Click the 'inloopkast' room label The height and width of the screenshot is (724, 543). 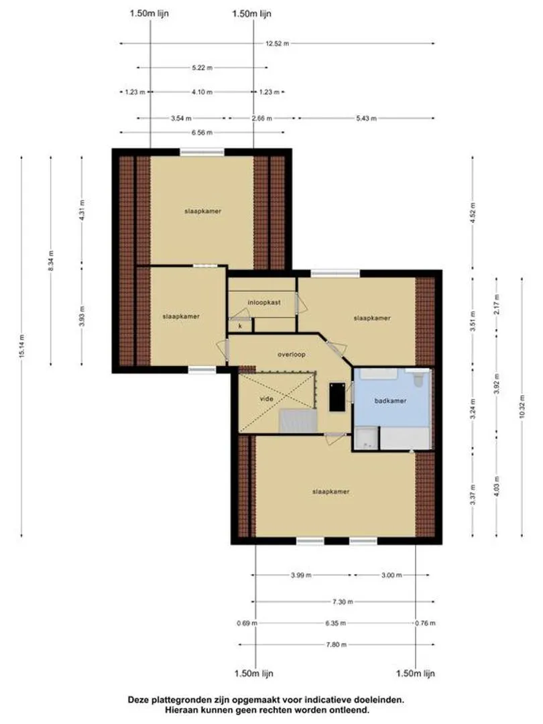[264, 302]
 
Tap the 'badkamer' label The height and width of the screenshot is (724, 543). [390, 401]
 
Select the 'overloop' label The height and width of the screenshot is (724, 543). [292, 355]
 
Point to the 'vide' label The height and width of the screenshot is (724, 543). [266, 398]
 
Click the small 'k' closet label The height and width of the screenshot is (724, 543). [240, 326]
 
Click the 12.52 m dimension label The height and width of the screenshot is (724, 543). [277, 44]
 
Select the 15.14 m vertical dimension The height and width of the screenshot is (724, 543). [22, 347]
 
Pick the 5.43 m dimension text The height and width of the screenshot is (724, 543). [366, 118]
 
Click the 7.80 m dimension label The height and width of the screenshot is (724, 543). [336, 645]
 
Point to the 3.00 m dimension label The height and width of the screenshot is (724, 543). [391, 575]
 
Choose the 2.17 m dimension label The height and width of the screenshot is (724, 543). [496, 304]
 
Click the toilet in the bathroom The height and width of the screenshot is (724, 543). [418, 379]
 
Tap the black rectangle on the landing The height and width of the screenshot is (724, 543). [337, 397]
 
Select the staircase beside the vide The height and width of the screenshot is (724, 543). [298, 421]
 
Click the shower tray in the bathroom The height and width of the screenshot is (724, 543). [367, 438]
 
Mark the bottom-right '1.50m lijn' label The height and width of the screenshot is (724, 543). [415, 674]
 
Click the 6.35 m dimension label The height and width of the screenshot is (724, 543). [336, 623]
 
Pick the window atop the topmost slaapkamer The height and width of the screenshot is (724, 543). [202, 152]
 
